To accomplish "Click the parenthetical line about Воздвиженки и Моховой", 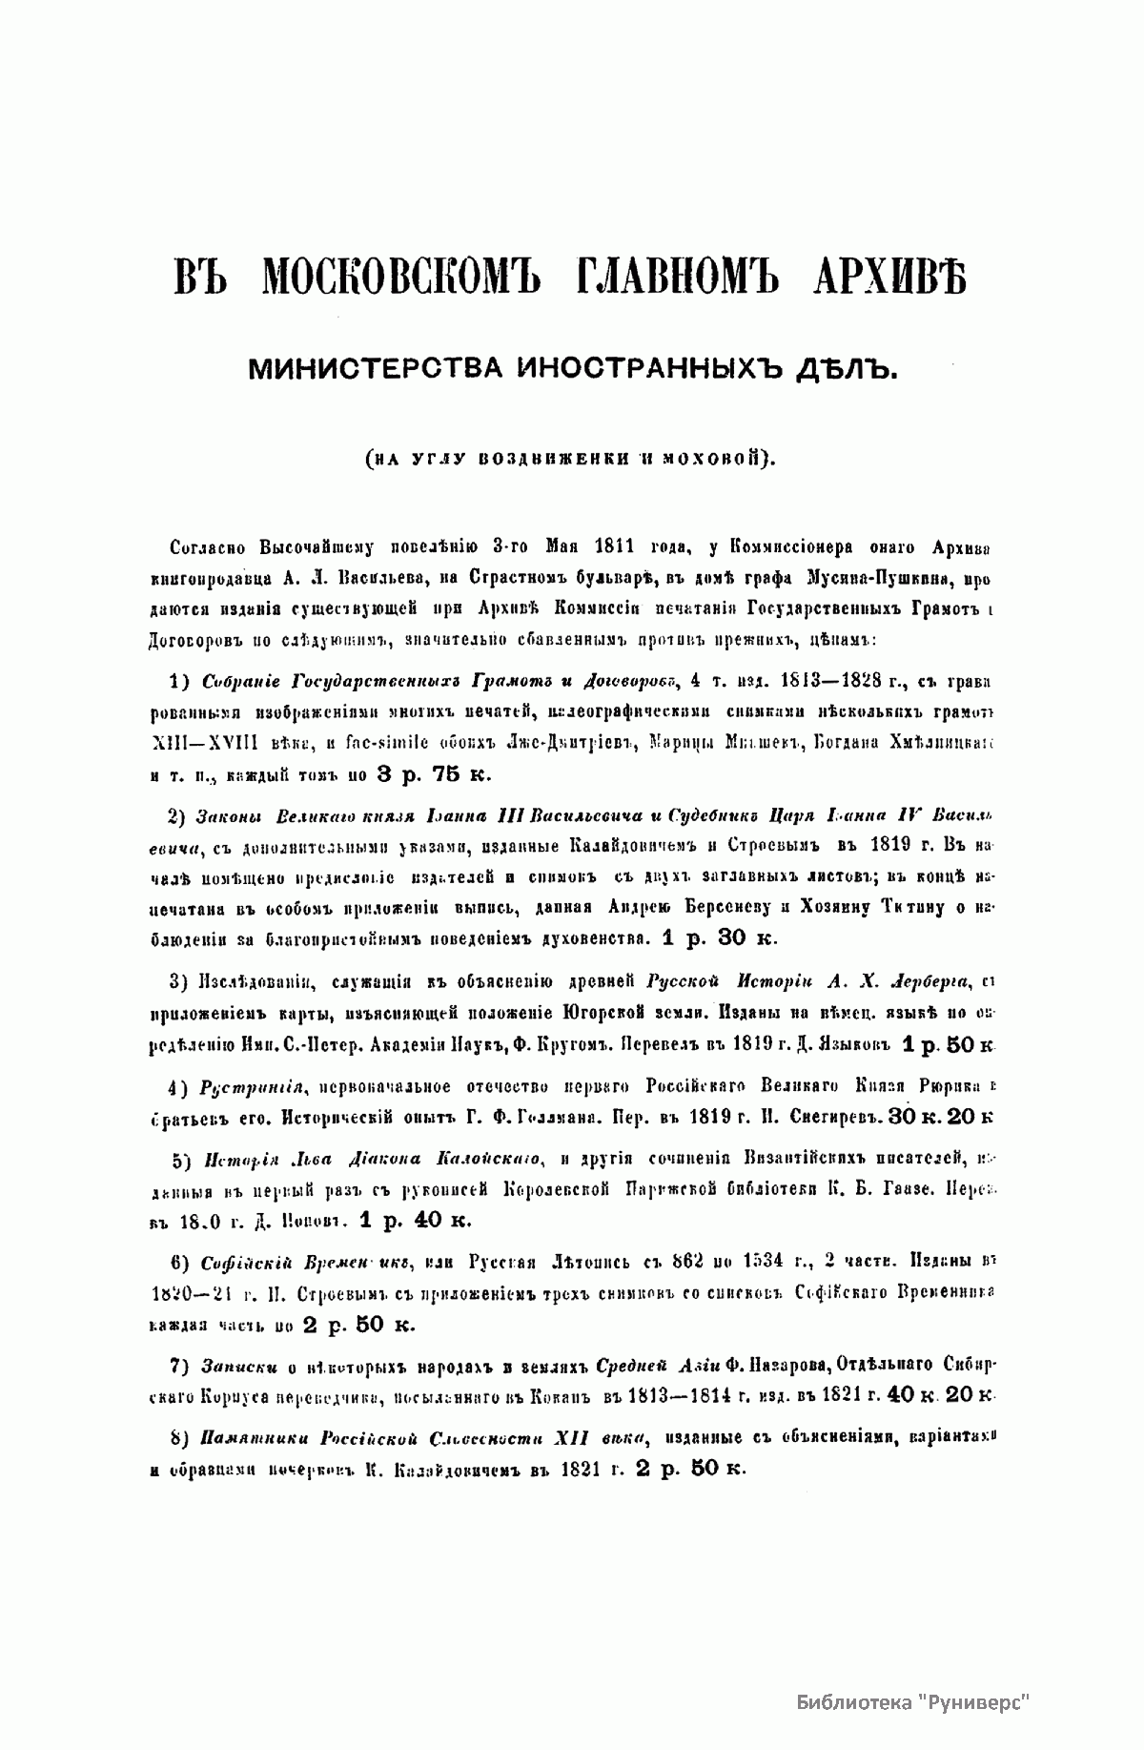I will pos(572,457).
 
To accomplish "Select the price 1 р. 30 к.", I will pos(719,937).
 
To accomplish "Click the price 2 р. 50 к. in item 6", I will pos(358,1325).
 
